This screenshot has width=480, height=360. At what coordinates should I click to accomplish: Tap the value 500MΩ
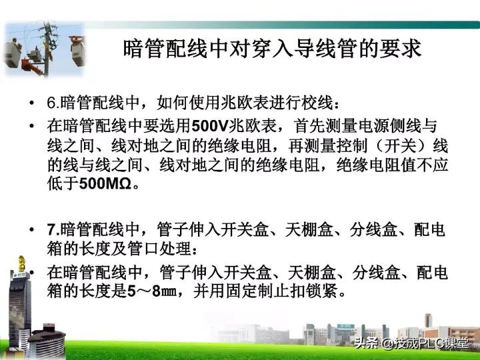pyautogui.click(x=107, y=183)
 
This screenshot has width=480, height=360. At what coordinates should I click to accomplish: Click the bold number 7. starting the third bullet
pyautogui.click(x=53, y=231)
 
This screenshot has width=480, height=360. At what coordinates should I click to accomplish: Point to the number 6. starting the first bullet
pyautogui.click(x=53, y=103)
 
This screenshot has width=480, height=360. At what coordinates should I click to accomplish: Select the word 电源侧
pyautogui.click(x=377, y=127)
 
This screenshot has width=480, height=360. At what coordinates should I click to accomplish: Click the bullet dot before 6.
pyautogui.click(x=31, y=104)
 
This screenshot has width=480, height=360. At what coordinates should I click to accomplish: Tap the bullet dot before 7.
pyautogui.click(x=31, y=231)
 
